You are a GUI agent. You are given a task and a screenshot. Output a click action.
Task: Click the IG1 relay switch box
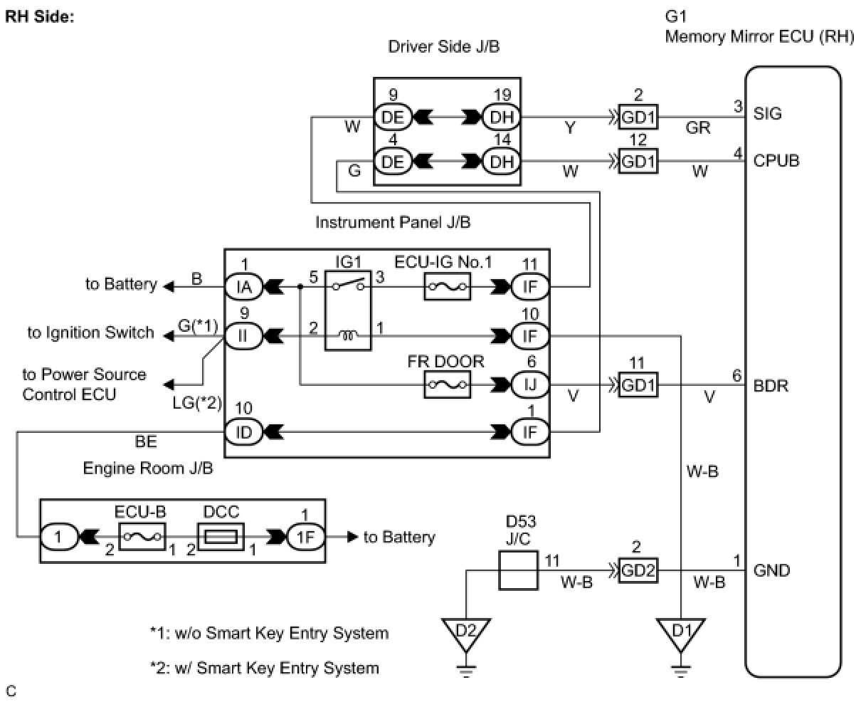[348, 310]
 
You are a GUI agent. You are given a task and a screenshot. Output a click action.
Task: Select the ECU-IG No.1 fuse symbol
[447, 287]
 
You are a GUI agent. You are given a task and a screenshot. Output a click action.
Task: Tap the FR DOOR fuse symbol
[447, 384]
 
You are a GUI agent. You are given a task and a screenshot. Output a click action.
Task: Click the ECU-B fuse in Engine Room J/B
[142, 537]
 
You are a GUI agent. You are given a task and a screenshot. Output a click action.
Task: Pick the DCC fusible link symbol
[221, 537]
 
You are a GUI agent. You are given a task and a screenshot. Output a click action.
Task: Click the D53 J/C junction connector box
[518, 570]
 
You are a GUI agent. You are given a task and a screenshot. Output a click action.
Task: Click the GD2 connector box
[638, 570]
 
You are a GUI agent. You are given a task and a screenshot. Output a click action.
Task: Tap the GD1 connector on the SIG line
[638, 117]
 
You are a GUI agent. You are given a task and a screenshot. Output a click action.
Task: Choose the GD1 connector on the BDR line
[638, 385]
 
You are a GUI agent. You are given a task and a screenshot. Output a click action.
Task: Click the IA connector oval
[244, 287]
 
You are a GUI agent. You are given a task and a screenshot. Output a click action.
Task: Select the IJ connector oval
[530, 384]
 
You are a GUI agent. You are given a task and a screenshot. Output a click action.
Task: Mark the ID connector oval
[244, 432]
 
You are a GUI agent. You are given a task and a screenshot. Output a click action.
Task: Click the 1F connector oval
[305, 537]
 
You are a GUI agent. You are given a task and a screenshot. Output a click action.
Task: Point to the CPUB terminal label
[776, 161]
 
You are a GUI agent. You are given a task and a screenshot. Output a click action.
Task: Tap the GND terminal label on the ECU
[771, 570]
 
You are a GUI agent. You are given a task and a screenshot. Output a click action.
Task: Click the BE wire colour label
[146, 441]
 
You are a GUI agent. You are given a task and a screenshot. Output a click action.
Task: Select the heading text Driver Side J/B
[444, 46]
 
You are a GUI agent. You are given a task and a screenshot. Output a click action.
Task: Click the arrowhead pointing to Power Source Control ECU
[169, 384]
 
